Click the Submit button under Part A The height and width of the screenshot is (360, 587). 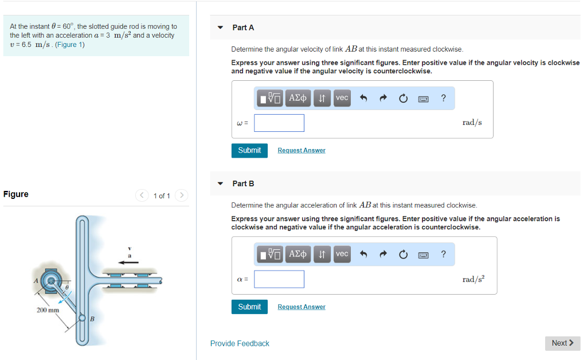[x=249, y=150]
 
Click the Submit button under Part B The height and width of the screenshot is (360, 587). [x=249, y=307]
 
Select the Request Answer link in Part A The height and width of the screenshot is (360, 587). [x=302, y=150]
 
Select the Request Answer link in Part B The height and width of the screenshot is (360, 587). [x=302, y=307]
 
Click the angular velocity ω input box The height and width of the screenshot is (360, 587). [x=279, y=123]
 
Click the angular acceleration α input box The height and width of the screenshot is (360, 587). [x=279, y=279]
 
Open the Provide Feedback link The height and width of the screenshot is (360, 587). [x=240, y=343]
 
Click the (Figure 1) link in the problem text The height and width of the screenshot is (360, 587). [x=70, y=45]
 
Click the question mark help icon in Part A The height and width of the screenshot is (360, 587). [x=443, y=98]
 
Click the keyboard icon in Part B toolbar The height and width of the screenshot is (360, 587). [x=424, y=255]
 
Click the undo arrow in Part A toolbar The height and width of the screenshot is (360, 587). [x=363, y=98]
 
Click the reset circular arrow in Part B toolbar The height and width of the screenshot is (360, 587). [x=403, y=255]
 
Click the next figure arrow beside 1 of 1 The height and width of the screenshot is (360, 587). [x=182, y=195]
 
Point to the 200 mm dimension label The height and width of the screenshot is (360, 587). [x=48, y=310]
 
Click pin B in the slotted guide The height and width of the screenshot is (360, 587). [x=83, y=318]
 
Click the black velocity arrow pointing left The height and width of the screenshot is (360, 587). [x=128, y=263]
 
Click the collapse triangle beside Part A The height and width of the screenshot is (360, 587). [x=220, y=28]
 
